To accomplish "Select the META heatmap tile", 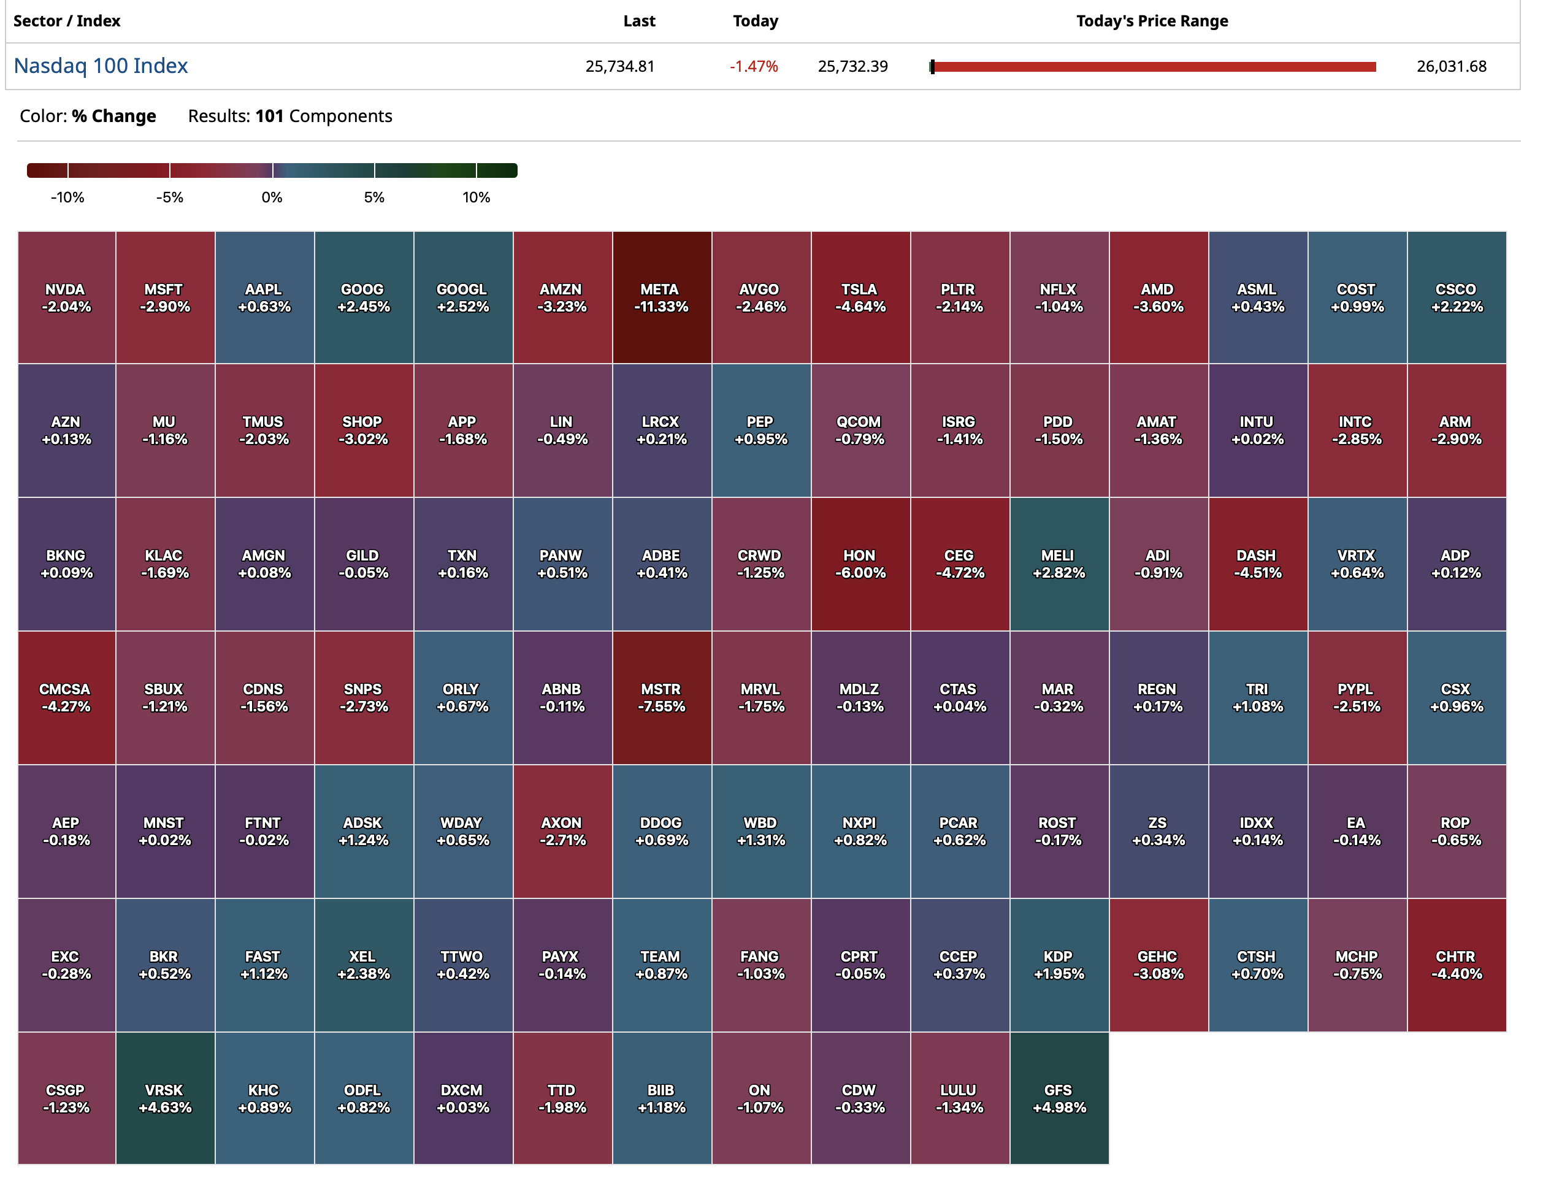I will click(660, 297).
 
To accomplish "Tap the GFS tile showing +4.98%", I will click(1058, 1098).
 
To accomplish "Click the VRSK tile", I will click(164, 1098).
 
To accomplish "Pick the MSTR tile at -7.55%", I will click(660, 697).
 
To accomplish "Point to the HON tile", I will click(859, 564).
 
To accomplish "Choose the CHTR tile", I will click(1455, 965).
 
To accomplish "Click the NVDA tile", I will click(66, 297).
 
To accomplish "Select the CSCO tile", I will click(1455, 297).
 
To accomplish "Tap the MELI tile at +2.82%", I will click(1058, 564).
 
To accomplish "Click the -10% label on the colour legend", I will click(67, 197).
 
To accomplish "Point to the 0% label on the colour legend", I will click(272, 197).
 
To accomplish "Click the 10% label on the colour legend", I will click(476, 197).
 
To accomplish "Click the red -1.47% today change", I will click(753, 66).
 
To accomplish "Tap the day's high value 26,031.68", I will click(1450, 66).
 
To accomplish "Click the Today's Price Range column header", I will click(1151, 21).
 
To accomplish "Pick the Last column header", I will click(639, 21).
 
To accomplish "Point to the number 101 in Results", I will click(269, 116).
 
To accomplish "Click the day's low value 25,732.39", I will click(852, 66).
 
